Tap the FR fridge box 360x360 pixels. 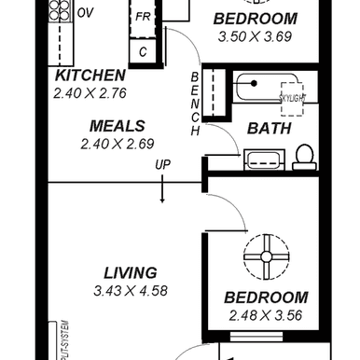(143, 18)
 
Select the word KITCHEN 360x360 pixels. (90, 76)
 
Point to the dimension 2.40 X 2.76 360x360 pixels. (90, 92)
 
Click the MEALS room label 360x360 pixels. (116, 126)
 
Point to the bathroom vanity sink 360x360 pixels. (257, 161)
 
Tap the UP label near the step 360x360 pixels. (163, 165)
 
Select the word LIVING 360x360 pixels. (130, 273)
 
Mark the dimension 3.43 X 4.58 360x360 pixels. (130, 291)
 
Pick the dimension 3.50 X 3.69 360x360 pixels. (256, 35)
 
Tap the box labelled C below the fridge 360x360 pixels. (143, 51)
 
